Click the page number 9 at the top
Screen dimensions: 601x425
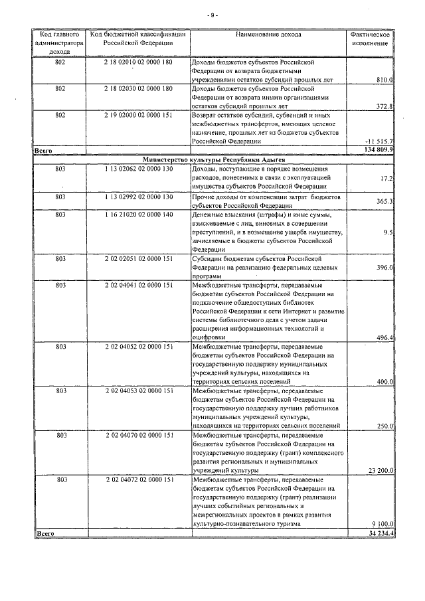tap(212, 15)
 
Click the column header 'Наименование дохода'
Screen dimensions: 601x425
tap(268, 33)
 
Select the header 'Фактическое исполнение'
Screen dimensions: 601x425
tap(371, 38)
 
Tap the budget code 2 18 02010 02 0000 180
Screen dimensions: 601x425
tap(139, 62)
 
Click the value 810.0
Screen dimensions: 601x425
tap(385, 80)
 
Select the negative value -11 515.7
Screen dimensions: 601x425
tap(380, 141)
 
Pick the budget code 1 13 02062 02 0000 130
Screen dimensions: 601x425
tap(139, 169)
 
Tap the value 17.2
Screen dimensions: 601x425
tap(388, 179)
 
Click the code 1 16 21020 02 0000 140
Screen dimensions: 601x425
tap(139, 215)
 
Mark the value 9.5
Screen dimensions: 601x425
tap(389, 232)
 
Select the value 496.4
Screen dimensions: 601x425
tap(385, 337)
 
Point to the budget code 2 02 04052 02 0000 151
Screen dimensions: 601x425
tap(139, 347)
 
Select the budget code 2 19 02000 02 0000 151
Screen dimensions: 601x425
tap(139, 115)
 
